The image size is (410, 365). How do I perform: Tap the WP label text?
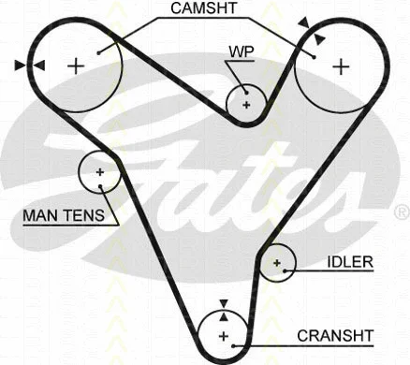click(242, 51)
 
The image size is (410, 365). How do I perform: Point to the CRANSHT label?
click(335, 333)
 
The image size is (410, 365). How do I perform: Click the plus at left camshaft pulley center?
click(76, 65)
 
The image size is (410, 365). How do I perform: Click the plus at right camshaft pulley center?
click(341, 66)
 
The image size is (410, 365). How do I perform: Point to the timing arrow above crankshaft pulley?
click(223, 304)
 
